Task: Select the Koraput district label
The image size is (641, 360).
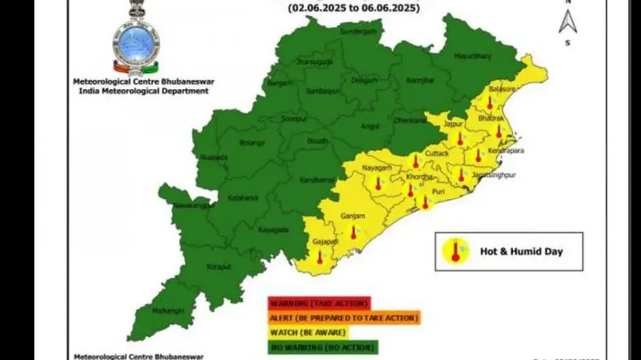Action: pyautogui.click(x=219, y=267)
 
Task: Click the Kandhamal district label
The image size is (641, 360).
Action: pyautogui.click(x=314, y=180)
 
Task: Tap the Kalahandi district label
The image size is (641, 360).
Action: pyautogui.click(x=242, y=198)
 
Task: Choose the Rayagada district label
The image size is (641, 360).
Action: pyautogui.click(x=273, y=230)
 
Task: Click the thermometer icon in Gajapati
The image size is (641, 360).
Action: pyautogui.click(x=320, y=257)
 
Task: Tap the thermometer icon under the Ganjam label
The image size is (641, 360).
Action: pyautogui.click(x=354, y=232)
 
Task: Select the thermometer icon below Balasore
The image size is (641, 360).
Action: pyautogui.click(x=490, y=103)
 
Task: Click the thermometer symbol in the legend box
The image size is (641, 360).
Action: pyautogui.click(x=456, y=251)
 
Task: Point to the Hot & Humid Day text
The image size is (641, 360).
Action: pyautogui.click(x=521, y=251)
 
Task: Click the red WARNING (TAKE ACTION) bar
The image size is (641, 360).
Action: pyautogui.click(x=319, y=303)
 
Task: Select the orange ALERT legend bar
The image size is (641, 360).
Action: pyautogui.click(x=344, y=318)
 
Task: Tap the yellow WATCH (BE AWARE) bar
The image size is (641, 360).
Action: pyautogui.click(x=308, y=332)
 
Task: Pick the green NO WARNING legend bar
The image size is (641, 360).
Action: pyautogui.click(x=323, y=347)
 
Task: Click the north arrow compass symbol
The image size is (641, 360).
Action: pyautogui.click(x=567, y=22)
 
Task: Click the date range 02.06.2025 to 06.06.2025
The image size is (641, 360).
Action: pyautogui.click(x=354, y=8)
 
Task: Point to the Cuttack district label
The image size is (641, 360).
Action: pyautogui.click(x=437, y=153)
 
